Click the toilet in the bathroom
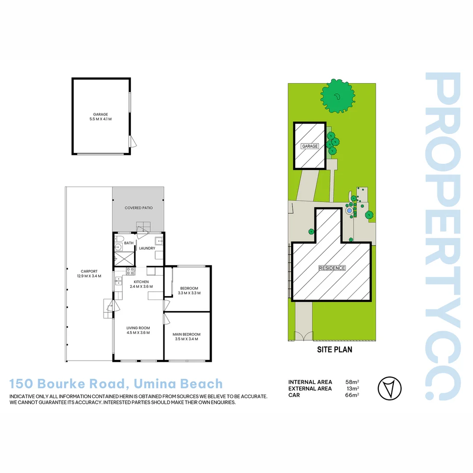[118, 239]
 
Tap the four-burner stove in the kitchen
[130, 271]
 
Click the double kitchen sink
[118, 280]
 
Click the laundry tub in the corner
[159, 240]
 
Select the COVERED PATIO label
[138, 208]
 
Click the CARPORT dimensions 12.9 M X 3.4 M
[88, 276]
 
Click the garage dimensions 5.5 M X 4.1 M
[100, 119]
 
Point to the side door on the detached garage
[133, 141]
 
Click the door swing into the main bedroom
[166, 319]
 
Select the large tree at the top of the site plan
[337, 96]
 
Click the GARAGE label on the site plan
[310, 146]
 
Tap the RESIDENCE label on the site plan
[332, 268]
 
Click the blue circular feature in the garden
[349, 211]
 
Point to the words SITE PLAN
[335, 349]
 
